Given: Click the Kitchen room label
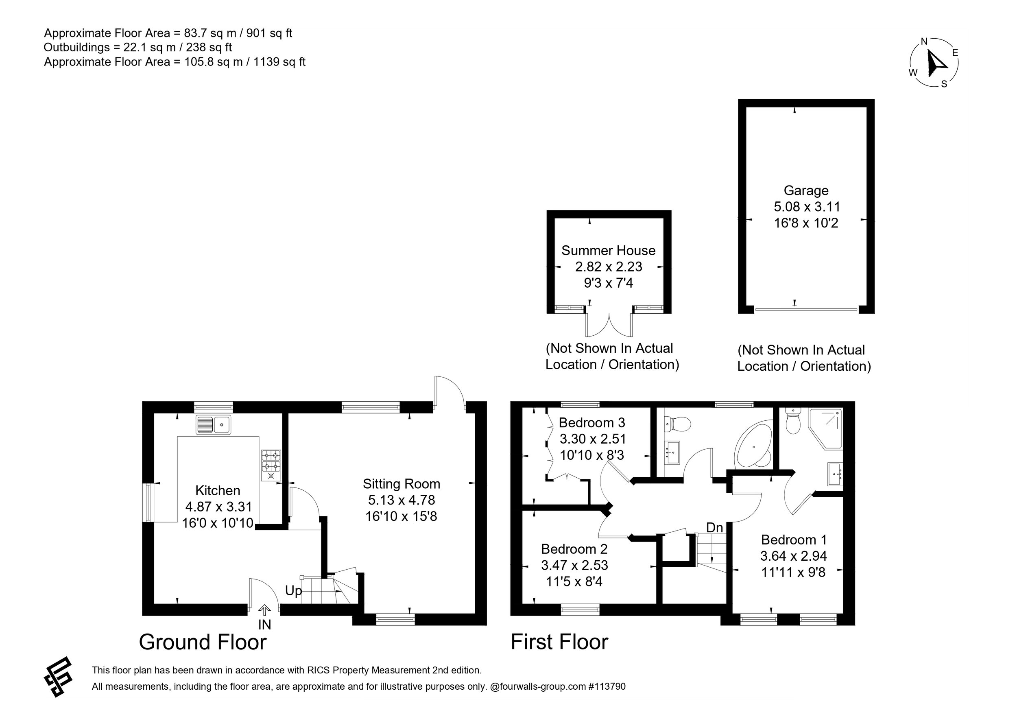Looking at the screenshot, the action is pos(218,490).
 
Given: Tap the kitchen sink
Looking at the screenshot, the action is pos(213,425).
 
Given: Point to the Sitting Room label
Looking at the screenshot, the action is pos(401,484).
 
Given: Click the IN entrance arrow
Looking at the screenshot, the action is pos(264,610).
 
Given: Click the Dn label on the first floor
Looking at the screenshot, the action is pos(714,528).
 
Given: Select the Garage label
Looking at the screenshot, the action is pos(806,190).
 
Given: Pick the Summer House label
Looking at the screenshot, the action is pos(608,250).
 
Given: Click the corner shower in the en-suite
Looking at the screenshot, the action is pos(826,429).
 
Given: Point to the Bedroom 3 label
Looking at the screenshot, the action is pos(592,422).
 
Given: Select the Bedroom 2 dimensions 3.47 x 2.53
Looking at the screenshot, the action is pos(574,565).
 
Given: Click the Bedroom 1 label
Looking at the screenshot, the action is pos(794,540).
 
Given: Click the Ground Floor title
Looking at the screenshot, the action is pos(203,642).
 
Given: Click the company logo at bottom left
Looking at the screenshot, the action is pos(58,677).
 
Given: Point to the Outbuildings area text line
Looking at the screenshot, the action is pos(138,47).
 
